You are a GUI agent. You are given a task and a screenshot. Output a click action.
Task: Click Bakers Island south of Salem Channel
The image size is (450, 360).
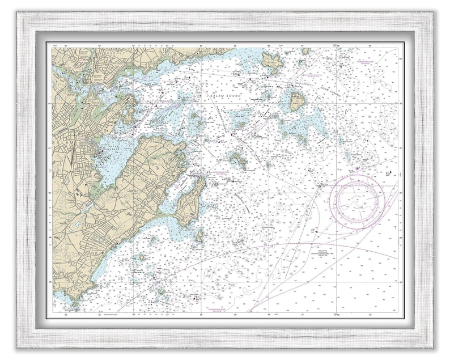(297, 102)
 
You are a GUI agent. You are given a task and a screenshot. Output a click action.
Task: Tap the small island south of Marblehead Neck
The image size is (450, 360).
(199, 235)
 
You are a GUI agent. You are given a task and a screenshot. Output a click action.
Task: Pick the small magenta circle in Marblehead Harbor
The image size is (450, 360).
(176, 187)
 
